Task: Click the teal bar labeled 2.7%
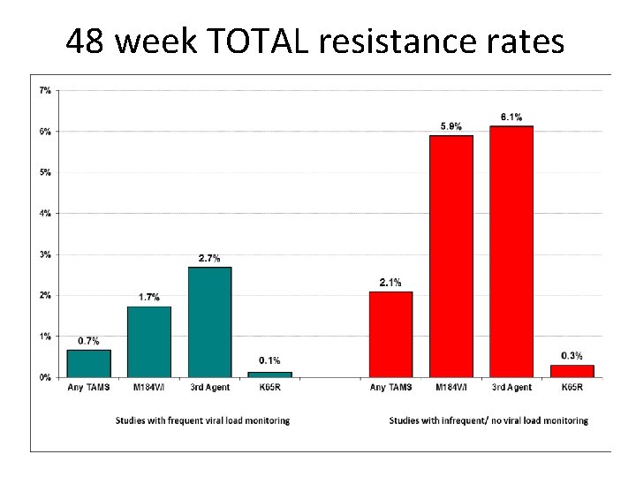pyautogui.click(x=209, y=322)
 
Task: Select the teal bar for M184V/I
pyautogui.click(x=148, y=342)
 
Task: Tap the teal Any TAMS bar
pyautogui.click(x=88, y=363)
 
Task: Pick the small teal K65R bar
pyautogui.click(x=270, y=375)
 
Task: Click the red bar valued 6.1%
pyautogui.click(x=511, y=252)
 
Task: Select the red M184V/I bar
pyautogui.click(x=450, y=256)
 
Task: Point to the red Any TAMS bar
pyautogui.click(x=390, y=334)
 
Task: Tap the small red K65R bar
pyautogui.click(x=572, y=371)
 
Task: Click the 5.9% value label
pyautogui.click(x=451, y=126)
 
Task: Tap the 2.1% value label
pyautogui.click(x=390, y=283)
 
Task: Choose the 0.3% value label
pyautogui.click(x=572, y=356)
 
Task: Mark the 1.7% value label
pyautogui.click(x=148, y=298)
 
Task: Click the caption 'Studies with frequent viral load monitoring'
pyautogui.click(x=202, y=420)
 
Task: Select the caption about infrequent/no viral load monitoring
pyautogui.click(x=488, y=420)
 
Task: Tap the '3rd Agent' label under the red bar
pyautogui.click(x=511, y=387)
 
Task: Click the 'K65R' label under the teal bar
pyautogui.click(x=270, y=387)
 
